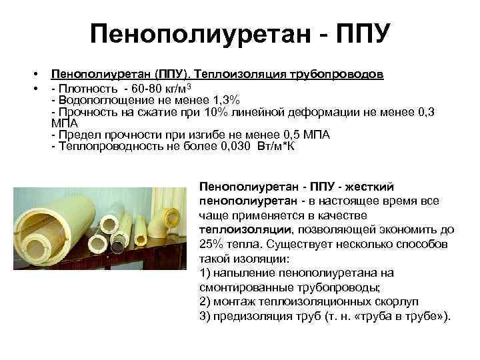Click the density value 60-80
[x=143, y=88]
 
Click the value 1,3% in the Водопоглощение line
[x=186, y=99]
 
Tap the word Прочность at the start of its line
[x=82, y=111]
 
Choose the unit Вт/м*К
[x=275, y=147]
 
